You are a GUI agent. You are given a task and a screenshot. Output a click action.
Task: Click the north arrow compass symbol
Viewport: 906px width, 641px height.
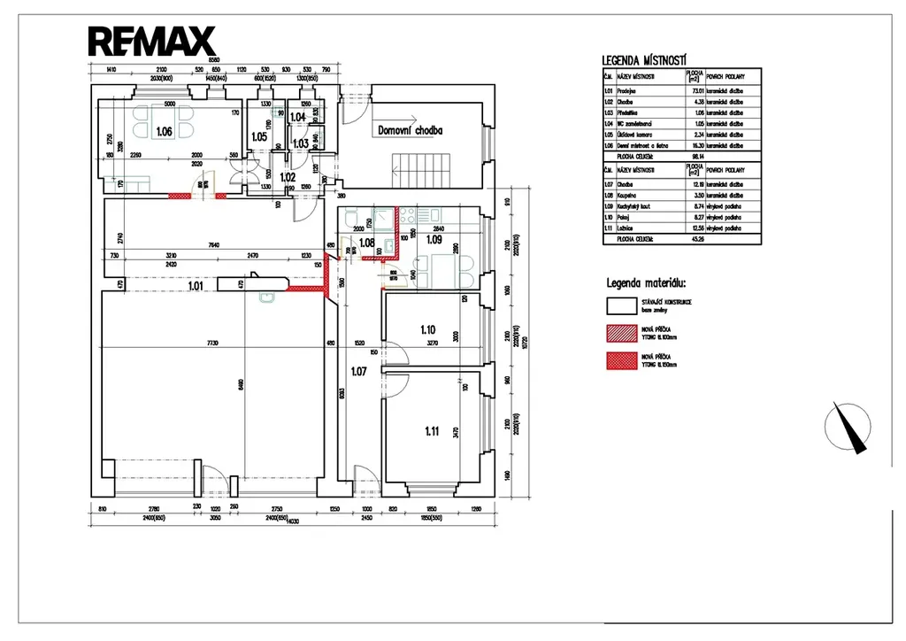tap(848, 427)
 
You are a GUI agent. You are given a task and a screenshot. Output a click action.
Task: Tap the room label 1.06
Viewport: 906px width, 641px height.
tap(164, 132)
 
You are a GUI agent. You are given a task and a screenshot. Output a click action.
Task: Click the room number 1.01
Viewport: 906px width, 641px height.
tap(196, 285)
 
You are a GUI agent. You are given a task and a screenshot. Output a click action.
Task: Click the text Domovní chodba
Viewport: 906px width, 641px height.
tap(410, 130)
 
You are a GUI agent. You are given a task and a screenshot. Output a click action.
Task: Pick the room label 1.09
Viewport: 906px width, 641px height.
tap(434, 239)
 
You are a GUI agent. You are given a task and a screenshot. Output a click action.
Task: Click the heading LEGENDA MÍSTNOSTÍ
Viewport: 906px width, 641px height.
tap(645, 61)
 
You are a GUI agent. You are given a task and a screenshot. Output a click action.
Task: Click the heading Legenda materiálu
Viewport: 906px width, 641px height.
tap(648, 284)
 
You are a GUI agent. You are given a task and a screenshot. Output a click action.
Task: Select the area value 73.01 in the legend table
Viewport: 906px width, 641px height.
tap(696, 90)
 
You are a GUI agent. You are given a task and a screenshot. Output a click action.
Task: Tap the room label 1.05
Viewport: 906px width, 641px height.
tap(258, 136)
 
